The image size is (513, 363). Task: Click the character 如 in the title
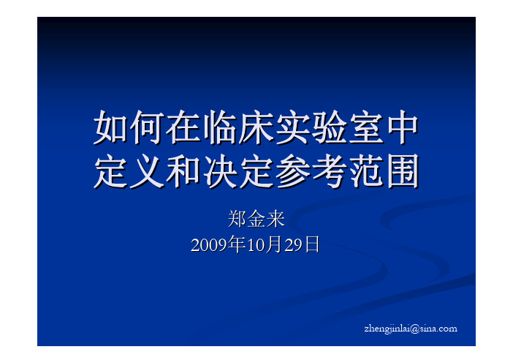click(110, 127)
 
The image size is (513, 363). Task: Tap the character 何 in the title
click(147, 127)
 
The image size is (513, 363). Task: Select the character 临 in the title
click(220, 127)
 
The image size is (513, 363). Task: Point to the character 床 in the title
click(256, 127)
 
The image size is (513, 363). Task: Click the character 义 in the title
click(147, 171)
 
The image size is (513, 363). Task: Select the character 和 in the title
click(183, 171)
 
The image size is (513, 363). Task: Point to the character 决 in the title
click(220, 171)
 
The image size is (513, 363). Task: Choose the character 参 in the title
click(294, 171)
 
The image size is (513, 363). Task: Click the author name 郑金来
click(256, 219)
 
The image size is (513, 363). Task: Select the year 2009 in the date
click(209, 245)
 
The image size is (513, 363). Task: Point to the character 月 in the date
click(274, 244)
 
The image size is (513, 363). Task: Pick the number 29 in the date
click(293, 245)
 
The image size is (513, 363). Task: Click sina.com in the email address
click(438, 329)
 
